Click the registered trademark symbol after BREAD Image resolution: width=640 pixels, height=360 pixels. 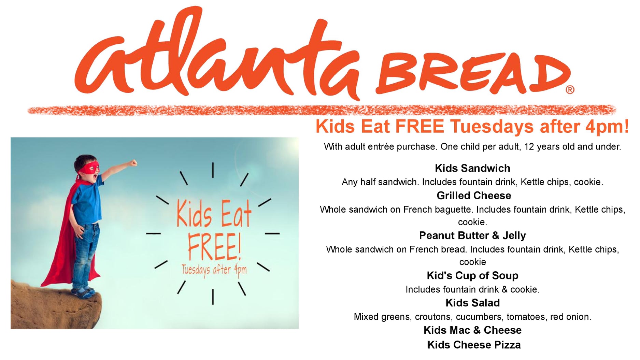click(570, 90)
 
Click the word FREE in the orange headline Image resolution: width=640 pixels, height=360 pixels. click(419, 127)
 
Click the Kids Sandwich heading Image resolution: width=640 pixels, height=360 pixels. click(472, 168)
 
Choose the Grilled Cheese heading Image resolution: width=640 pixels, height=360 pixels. click(474, 196)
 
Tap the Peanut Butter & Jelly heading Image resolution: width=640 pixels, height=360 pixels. click(472, 235)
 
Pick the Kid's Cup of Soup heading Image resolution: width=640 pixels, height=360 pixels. click(472, 275)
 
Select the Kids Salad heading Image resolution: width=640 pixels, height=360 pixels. click(472, 303)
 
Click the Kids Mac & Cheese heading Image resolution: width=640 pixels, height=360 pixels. click(472, 330)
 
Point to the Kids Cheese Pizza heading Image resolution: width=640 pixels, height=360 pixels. click(474, 345)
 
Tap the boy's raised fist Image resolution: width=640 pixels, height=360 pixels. click(133, 162)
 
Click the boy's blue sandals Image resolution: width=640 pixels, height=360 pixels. click(82, 292)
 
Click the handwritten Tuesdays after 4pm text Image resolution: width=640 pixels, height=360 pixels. click(214, 270)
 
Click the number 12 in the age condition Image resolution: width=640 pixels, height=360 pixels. click(529, 147)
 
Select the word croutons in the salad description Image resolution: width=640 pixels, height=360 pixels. click(433, 317)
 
